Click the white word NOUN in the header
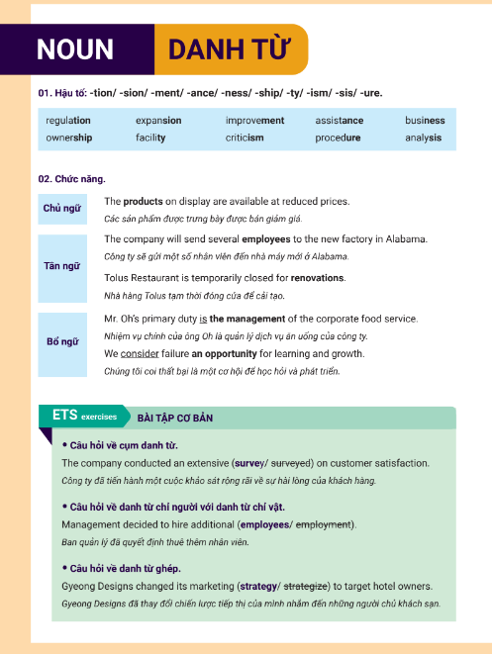[x=75, y=49]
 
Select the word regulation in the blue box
[x=68, y=121]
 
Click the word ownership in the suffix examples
[x=69, y=138]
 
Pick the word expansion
[x=158, y=121]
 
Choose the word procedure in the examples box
[x=339, y=138]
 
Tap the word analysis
[x=424, y=138]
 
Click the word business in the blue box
[x=425, y=121]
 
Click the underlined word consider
[x=141, y=353]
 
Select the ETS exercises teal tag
[x=83, y=416]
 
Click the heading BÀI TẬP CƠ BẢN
[x=175, y=417]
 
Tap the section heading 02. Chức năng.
[x=71, y=178]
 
